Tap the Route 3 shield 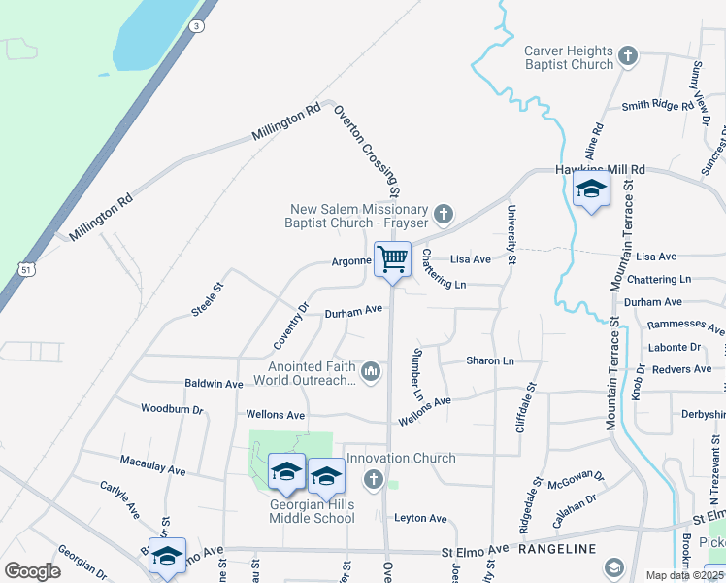point(198,26)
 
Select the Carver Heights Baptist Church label point(569,57)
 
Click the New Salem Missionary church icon point(444,213)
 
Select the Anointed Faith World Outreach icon point(371,371)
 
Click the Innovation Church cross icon point(374,478)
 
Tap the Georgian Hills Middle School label point(312,511)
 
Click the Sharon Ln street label point(490,360)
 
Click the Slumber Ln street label point(418,375)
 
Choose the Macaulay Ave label point(152,463)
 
